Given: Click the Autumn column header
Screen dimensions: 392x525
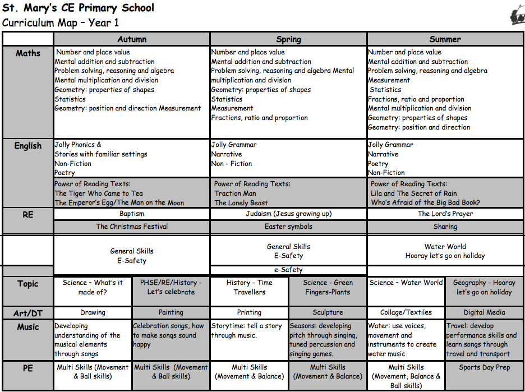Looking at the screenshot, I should click(132, 39).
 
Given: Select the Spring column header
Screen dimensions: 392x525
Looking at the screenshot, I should click(288, 39).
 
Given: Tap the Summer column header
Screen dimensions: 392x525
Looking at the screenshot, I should click(445, 39).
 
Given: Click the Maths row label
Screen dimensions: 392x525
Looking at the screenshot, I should click(28, 53).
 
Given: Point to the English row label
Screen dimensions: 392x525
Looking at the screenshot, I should click(28, 146).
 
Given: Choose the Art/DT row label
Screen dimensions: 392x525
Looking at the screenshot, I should click(28, 313).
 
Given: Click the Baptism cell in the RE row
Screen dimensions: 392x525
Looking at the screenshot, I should click(132, 214).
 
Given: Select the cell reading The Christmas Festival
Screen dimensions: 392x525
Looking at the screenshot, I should click(132, 227).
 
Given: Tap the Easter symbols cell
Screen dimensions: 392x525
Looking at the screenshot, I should click(288, 227).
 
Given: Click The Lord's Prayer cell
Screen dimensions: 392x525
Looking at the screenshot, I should click(445, 214).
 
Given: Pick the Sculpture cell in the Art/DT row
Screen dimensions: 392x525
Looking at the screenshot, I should click(328, 312).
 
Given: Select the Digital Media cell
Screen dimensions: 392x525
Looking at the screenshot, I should click(484, 312).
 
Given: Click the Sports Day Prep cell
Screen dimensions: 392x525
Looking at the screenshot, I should click(484, 367).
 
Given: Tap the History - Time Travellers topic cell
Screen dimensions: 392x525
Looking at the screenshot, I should click(249, 287).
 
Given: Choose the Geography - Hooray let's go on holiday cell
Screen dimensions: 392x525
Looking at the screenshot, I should click(484, 287).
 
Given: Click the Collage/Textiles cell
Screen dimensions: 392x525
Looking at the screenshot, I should click(406, 312).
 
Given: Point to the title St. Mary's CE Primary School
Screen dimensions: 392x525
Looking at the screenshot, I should click(78, 8).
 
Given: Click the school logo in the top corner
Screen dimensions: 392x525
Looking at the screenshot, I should click(517, 16).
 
